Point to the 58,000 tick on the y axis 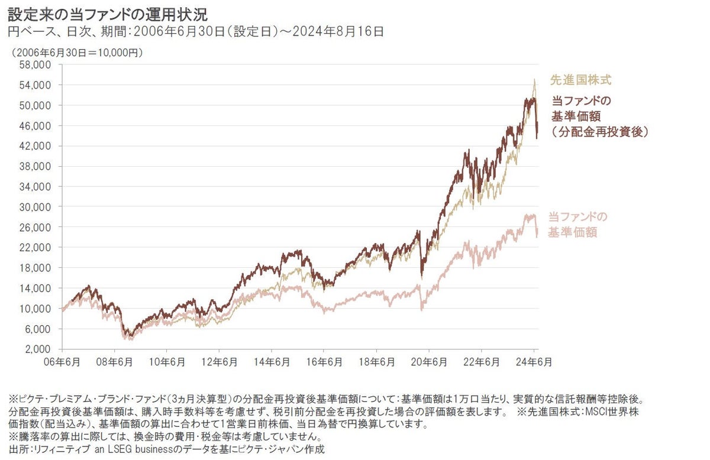(35, 65)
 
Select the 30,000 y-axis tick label (35, 207)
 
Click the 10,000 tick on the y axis (35, 308)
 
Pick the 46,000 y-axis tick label (35, 126)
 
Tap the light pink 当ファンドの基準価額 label (576, 225)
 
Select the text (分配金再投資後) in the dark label (599, 133)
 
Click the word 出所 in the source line (16, 449)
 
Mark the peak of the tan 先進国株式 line (534, 79)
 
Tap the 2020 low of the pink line (422, 309)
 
